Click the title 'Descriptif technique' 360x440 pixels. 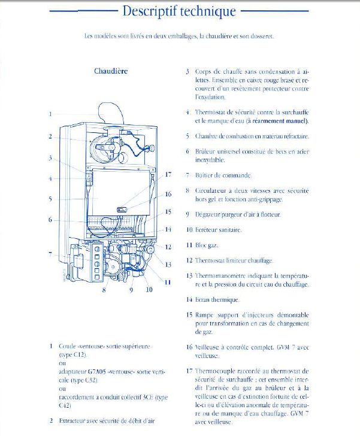click(179, 11)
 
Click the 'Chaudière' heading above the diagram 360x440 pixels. click(111, 71)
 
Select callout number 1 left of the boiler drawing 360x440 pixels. click(51, 114)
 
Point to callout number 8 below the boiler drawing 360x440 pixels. click(104, 290)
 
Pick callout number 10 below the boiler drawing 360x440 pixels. click(149, 290)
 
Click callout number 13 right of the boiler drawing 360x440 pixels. click(168, 264)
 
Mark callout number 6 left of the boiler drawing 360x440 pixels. click(51, 219)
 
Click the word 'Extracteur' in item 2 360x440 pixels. click(74, 421)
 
